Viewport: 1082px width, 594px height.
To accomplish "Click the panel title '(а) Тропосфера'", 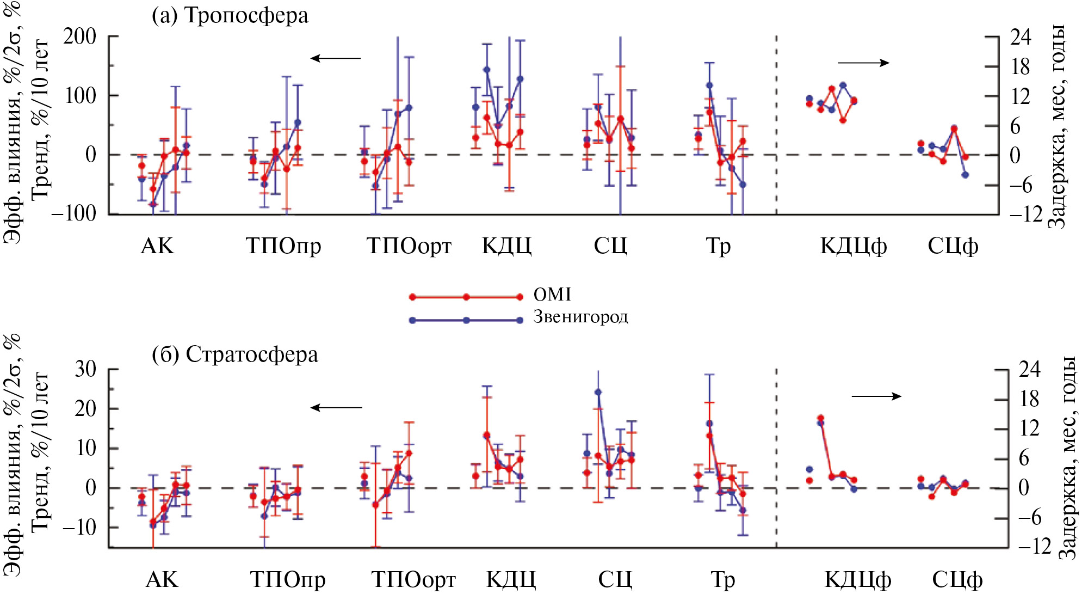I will pyautogui.click(x=230, y=15).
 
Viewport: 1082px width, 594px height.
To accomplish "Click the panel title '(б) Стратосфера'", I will pyautogui.click(x=235, y=354).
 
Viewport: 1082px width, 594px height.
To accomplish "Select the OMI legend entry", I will pyautogui.click(x=552, y=295).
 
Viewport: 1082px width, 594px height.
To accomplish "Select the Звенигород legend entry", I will pyautogui.click(x=580, y=317).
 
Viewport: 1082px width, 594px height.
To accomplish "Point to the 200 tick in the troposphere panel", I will pyautogui.click(x=79, y=37).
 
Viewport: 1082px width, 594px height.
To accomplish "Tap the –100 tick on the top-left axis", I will pyautogui.click(x=74, y=213).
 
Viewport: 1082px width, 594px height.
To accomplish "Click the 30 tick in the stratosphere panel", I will pyautogui.click(x=85, y=369).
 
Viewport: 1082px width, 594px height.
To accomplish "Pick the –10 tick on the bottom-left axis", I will pyautogui.click(x=79, y=527).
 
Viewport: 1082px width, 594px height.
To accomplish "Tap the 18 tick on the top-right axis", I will pyautogui.click(x=1020, y=67).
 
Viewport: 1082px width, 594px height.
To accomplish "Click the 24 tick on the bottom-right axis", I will pyautogui.click(x=1029, y=369).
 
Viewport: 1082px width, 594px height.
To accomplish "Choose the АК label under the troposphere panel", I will pyautogui.click(x=157, y=247).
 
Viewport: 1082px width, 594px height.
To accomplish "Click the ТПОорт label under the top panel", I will pyautogui.click(x=409, y=247).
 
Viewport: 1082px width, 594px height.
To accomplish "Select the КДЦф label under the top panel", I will pyautogui.click(x=854, y=247).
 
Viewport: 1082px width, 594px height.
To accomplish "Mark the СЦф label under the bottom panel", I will pyautogui.click(x=957, y=580).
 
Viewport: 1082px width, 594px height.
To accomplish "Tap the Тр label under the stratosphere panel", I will pyautogui.click(x=722, y=580).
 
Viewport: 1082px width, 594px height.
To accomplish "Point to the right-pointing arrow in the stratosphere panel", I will pyautogui.click(x=876, y=396).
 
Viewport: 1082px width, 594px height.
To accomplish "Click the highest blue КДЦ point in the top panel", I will pyautogui.click(x=486, y=70).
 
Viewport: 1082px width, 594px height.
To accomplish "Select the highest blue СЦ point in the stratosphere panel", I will pyautogui.click(x=598, y=392).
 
